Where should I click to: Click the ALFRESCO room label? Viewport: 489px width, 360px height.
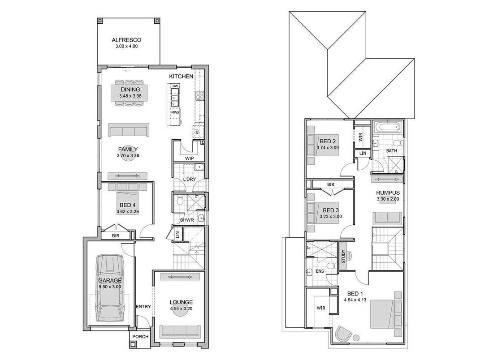click(126, 40)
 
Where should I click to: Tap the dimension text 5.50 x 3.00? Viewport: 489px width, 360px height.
click(109, 287)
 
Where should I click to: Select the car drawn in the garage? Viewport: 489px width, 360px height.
click(109, 288)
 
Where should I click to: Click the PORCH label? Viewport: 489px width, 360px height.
click(140, 337)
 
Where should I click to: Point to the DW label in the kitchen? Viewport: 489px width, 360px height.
click(175, 86)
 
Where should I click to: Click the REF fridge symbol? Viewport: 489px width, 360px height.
click(197, 132)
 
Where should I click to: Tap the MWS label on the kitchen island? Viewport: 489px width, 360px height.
click(175, 112)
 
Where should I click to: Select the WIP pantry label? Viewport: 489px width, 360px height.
click(189, 158)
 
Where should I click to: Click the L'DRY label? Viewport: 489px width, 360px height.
click(189, 179)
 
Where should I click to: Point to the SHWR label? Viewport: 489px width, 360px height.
click(187, 220)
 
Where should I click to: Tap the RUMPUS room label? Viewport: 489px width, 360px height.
click(388, 193)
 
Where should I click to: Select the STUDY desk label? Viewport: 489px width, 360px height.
click(343, 256)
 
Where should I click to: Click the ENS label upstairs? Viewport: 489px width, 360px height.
click(320, 271)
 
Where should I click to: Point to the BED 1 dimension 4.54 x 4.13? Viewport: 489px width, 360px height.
click(355, 300)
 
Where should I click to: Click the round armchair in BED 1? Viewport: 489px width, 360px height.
click(343, 334)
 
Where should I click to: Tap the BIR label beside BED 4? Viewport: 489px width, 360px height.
click(116, 236)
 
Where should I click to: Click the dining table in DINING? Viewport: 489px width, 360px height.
click(130, 93)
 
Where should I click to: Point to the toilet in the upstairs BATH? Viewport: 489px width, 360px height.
click(398, 143)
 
